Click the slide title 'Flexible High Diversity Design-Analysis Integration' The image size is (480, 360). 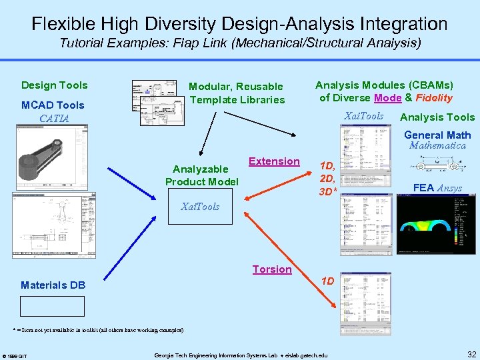tap(240, 24)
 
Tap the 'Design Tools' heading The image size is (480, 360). tap(54, 85)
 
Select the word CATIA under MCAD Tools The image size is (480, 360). tap(54, 119)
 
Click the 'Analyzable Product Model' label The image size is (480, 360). tap(201, 175)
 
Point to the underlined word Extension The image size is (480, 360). tap(274, 161)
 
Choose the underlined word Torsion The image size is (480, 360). tap(272, 269)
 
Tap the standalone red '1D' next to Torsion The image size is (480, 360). tap(328, 281)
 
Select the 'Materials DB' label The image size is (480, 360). tap(53, 285)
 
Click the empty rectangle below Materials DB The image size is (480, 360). tap(53, 306)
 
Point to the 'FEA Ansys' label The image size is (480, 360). tap(437, 188)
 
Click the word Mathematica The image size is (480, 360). tap(437, 145)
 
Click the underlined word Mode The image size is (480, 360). tap(388, 98)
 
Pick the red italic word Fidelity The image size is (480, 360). tap(434, 98)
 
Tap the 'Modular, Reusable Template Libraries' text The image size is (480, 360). tap(236, 93)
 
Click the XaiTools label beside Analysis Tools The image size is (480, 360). tap(363, 117)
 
